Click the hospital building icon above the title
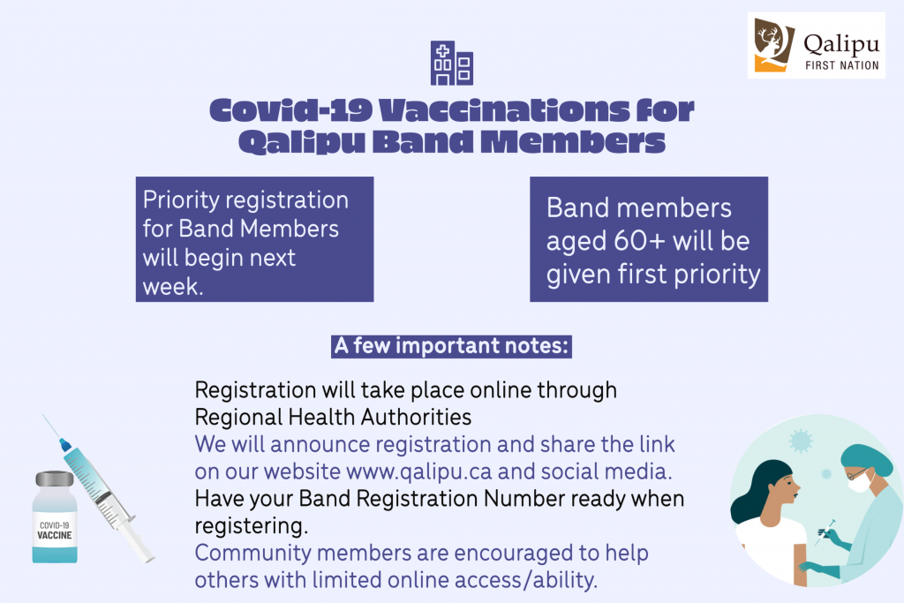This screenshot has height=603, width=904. [x=452, y=63]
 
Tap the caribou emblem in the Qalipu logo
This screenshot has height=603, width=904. [x=773, y=44]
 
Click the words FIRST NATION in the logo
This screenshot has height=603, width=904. [x=841, y=65]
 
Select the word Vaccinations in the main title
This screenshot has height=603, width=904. [x=504, y=109]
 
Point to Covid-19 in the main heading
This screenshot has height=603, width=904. [x=290, y=109]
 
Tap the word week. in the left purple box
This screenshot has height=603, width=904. [x=173, y=287]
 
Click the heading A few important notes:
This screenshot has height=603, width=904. [x=451, y=346]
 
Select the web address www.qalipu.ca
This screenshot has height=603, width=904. [x=419, y=471]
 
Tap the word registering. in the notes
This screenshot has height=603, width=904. [x=252, y=526]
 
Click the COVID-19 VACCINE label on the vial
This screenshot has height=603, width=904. [x=55, y=531]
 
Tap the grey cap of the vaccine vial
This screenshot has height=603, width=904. [x=55, y=479]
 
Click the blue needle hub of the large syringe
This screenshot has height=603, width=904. [x=65, y=444]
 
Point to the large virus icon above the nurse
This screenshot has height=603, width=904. [x=801, y=441]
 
